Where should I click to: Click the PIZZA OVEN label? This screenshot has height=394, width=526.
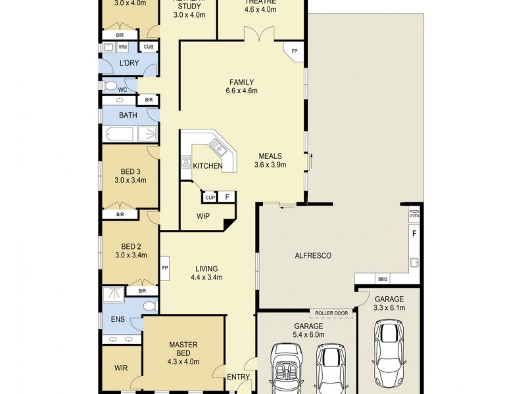tap(414, 215)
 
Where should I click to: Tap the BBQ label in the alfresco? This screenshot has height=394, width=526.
tap(383, 279)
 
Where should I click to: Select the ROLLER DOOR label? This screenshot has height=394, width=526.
tap(331, 313)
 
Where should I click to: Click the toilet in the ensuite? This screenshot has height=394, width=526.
tap(149, 306)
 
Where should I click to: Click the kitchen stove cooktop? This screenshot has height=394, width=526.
tap(186, 162)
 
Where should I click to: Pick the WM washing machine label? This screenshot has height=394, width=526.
tap(123, 47)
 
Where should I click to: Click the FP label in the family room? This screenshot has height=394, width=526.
tap(294, 51)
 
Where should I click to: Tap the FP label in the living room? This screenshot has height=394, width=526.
tap(165, 268)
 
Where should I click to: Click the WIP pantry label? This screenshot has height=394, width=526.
tap(203, 215)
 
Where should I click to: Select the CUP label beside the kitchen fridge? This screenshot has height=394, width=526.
tap(210, 197)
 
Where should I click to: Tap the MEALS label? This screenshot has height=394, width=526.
tap(270, 156)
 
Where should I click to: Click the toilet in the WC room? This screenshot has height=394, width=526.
tap(111, 86)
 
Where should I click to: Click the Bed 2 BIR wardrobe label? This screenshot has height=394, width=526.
tap(142, 290)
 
